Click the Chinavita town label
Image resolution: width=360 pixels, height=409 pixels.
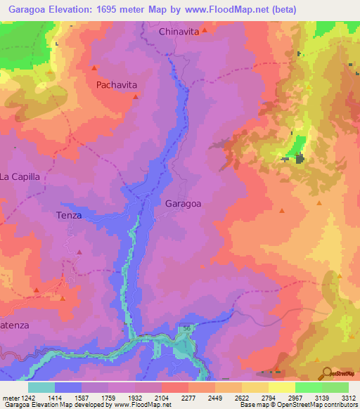(x=179, y=32)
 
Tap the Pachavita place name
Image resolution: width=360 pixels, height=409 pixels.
(x=117, y=84)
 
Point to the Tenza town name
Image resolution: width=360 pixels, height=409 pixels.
(x=69, y=216)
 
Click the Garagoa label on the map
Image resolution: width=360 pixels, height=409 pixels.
(x=183, y=204)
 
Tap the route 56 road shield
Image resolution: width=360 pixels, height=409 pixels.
(x=186, y=328)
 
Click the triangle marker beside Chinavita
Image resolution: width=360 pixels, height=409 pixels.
(x=205, y=30)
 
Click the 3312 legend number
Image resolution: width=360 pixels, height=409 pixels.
(x=349, y=398)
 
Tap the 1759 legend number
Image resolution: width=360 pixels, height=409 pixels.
(x=107, y=398)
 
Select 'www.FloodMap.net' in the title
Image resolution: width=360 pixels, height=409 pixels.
(x=229, y=9)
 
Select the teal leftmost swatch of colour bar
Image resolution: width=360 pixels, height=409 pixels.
(x=41, y=387)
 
